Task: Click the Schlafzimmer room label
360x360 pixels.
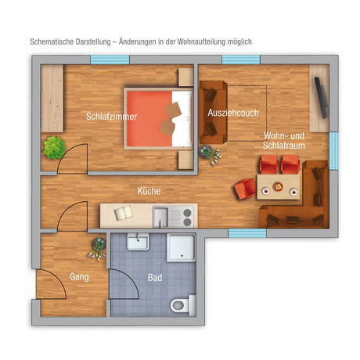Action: point(112,117)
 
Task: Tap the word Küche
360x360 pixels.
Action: point(149,190)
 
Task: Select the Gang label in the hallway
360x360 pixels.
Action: point(79,276)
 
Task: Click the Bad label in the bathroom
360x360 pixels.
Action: point(155,277)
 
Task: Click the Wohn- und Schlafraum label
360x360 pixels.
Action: point(284,142)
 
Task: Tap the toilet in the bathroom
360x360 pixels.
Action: point(180,303)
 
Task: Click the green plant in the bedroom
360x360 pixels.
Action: point(54,146)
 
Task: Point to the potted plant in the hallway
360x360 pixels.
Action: point(98,245)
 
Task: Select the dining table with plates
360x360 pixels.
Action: point(279,186)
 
